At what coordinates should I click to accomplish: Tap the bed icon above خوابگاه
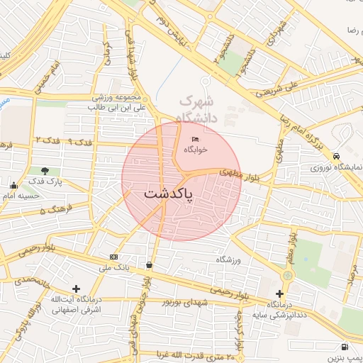[195, 139]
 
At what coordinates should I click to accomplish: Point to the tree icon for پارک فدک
[45, 171]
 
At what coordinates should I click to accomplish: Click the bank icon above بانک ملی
[113, 256]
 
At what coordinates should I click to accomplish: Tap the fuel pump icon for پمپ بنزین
[345, 347]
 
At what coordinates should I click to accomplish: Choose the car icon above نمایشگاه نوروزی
[336, 157]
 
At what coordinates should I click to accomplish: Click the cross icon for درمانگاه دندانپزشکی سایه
[279, 293]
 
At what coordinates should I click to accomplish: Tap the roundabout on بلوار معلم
[287, 275]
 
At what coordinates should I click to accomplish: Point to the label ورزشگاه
[228, 260]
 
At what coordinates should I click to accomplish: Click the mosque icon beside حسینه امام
[13, 186]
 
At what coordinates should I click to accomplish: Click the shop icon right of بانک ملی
[149, 264]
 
